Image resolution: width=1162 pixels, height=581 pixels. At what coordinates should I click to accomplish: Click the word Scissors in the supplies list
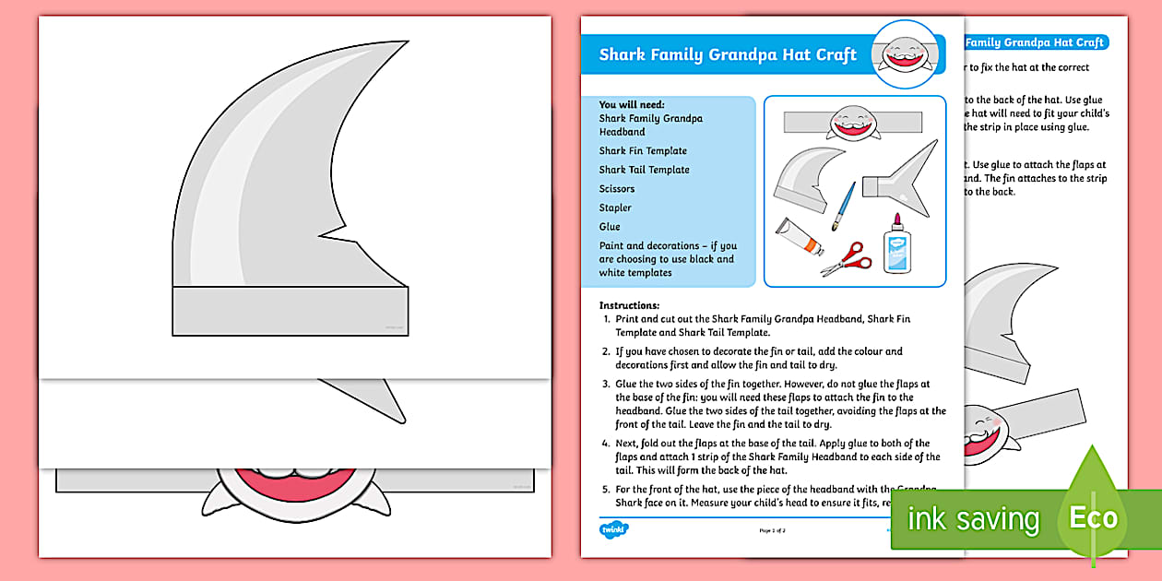pyautogui.click(x=617, y=189)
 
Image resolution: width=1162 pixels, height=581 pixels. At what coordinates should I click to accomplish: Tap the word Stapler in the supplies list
pyautogui.click(x=615, y=207)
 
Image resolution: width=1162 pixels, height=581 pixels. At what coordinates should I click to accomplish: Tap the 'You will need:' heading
pyautogui.click(x=631, y=105)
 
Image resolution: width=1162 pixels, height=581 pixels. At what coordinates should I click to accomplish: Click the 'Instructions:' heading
pyautogui.click(x=630, y=305)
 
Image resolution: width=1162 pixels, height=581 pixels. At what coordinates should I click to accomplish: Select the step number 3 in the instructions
pyautogui.click(x=606, y=385)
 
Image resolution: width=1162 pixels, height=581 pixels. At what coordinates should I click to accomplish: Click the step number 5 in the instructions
pyautogui.click(x=606, y=488)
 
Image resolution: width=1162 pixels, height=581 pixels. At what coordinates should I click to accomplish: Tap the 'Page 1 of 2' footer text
pyautogui.click(x=773, y=530)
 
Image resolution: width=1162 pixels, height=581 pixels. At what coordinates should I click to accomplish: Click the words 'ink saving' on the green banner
pyautogui.click(x=973, y=519)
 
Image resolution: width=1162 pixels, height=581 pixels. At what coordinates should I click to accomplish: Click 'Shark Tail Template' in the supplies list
pyautogui.click(x=644, y=170)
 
